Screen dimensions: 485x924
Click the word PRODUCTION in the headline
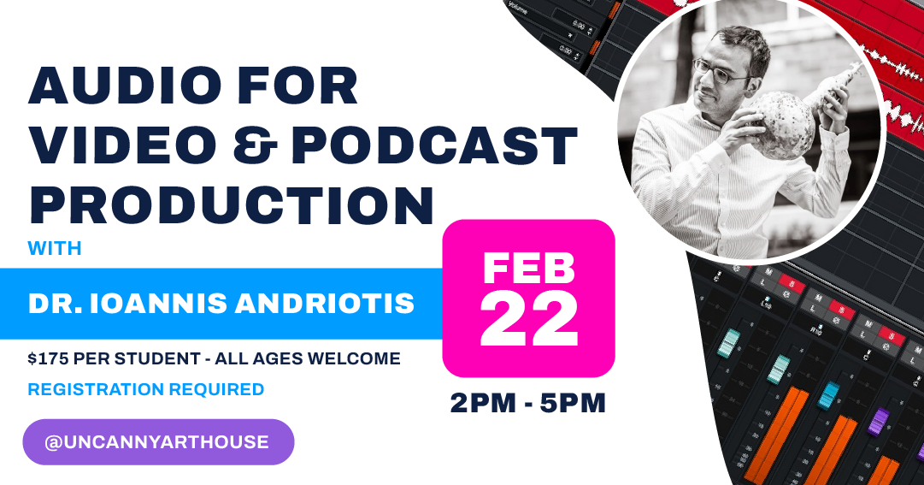231,205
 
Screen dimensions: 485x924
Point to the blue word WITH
55,249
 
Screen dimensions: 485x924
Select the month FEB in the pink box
528,268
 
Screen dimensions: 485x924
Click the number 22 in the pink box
529,321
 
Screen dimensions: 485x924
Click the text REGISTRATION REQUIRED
146,389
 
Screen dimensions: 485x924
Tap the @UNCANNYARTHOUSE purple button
157,442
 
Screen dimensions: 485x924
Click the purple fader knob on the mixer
879,421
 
